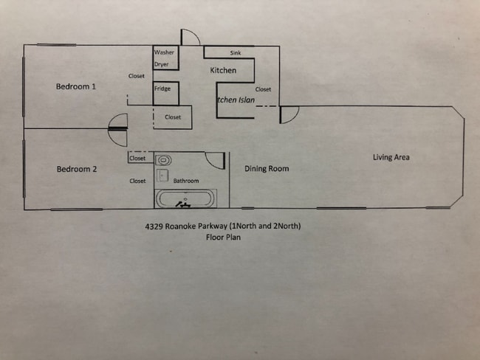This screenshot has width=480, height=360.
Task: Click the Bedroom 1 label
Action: (77, 87)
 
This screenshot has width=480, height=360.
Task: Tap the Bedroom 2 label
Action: (77, 170)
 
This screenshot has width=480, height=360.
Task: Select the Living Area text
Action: (391, 157)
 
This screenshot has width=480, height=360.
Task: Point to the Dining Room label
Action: (267, 169)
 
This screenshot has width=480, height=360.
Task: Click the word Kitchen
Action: (223, 71)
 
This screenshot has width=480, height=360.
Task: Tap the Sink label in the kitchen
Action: (236, 54)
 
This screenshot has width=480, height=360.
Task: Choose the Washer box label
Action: (164, 53)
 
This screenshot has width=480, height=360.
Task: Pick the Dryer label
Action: (162, 65)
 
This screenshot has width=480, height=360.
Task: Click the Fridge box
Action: (162, 89)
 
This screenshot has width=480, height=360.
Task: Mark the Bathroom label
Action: (186, 181)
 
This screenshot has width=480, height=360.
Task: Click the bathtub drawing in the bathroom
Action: (185, 198)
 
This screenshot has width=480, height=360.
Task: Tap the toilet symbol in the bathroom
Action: (164, 159)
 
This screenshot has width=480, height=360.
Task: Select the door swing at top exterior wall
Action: (190, 38)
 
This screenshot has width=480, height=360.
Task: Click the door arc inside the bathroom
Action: (215, 161)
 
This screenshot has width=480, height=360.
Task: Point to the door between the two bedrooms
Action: (118, 128)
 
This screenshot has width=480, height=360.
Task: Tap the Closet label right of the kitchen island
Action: (263, 90)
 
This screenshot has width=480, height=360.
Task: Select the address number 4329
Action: (155, 226)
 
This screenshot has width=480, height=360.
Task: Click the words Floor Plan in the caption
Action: (224, 238)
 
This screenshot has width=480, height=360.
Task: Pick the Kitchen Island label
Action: (236, 99)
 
